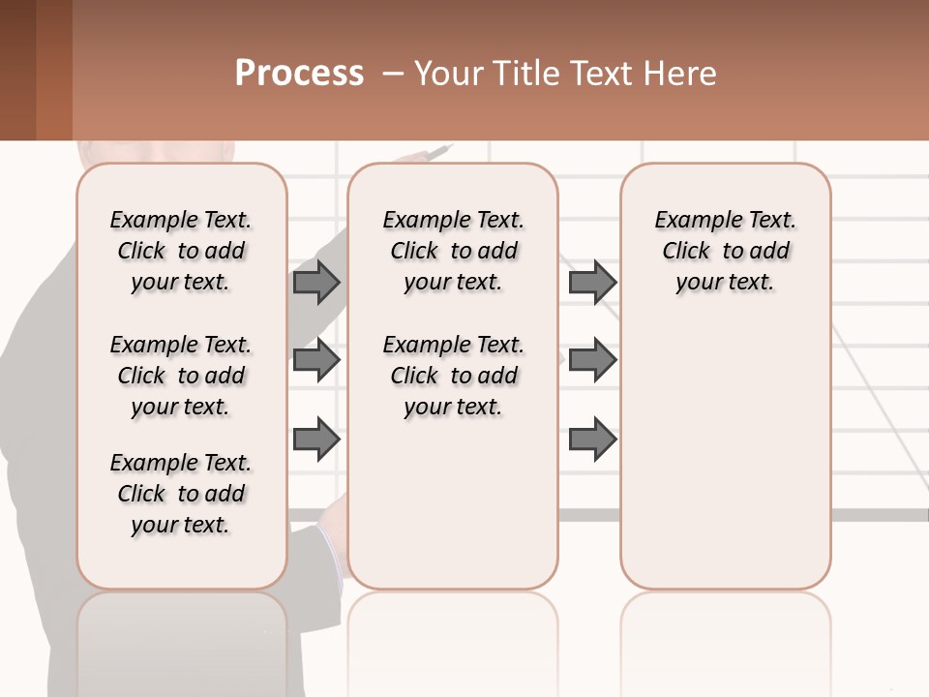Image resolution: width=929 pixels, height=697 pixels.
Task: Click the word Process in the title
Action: [x=299, y=74]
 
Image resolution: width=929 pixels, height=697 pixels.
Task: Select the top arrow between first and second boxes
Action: [x=316, y=282]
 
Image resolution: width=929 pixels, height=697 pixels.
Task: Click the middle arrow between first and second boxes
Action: [x=316, y=360]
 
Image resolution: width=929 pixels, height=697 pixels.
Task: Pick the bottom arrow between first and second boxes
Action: [x=316, y=439]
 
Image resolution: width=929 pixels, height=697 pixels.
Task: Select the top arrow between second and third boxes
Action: [x=592, y=282]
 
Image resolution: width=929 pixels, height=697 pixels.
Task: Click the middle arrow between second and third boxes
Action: [x=592, y=360]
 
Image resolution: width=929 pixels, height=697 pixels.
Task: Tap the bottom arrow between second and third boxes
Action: [x=592, y=439]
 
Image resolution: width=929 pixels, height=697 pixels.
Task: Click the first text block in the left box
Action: [x=181, y=251]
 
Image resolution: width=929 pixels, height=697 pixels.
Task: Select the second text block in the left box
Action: [x=181, y=376]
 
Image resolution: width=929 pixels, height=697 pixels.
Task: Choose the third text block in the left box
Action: [x=181, y=494]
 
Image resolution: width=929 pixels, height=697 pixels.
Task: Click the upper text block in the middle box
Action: [x=453, y=251]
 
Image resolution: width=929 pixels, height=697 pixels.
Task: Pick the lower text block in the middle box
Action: [x=453, y=376]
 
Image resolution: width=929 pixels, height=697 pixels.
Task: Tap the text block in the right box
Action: [x=725, y=251]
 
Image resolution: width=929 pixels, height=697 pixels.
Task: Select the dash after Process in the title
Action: [x=391, y=74]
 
